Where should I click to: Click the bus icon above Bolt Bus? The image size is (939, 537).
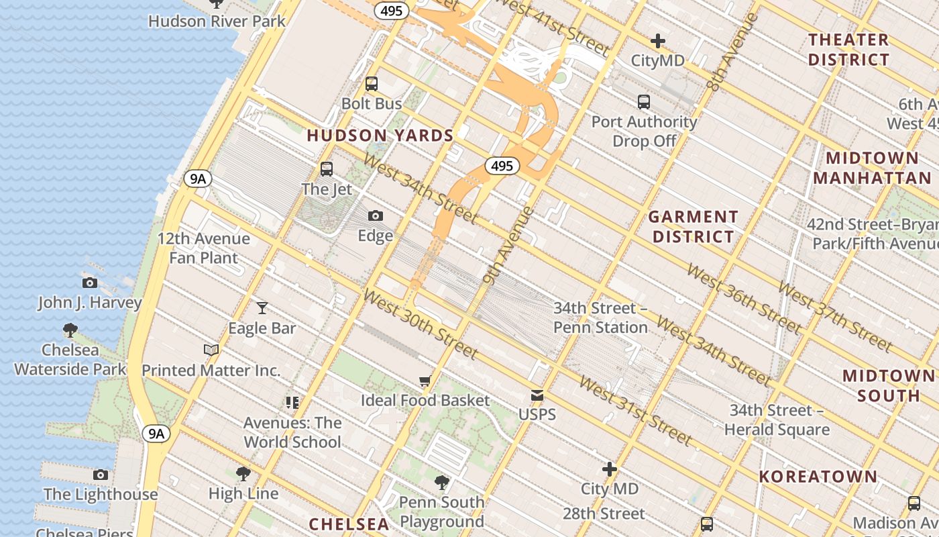(371, 84)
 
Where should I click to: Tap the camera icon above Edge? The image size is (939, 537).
(376, 215)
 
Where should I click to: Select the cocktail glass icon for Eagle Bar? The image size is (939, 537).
(262, 308)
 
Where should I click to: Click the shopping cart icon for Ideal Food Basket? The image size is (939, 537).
(425, 381)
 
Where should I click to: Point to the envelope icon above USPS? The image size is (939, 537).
(537, 395)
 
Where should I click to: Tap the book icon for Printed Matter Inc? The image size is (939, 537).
(211, 350)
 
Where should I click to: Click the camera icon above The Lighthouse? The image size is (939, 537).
(101, 475)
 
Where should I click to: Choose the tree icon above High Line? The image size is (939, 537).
(243, 474)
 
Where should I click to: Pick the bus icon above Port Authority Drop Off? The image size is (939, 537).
(644, 102)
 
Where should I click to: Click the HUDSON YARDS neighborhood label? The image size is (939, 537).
(380, 135)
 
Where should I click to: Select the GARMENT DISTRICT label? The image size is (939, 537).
(694, 226)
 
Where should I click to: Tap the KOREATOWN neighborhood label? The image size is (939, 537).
(818, 477)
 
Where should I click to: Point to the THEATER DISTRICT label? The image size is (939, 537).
(848, 50)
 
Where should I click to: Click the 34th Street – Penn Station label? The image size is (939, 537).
(600, 318)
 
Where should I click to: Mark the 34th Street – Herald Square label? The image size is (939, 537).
(779, 420)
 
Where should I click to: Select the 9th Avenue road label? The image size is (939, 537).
(508, 246)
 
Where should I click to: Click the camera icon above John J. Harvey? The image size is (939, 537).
(90, 283)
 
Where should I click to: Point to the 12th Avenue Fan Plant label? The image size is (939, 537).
(204, 248)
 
